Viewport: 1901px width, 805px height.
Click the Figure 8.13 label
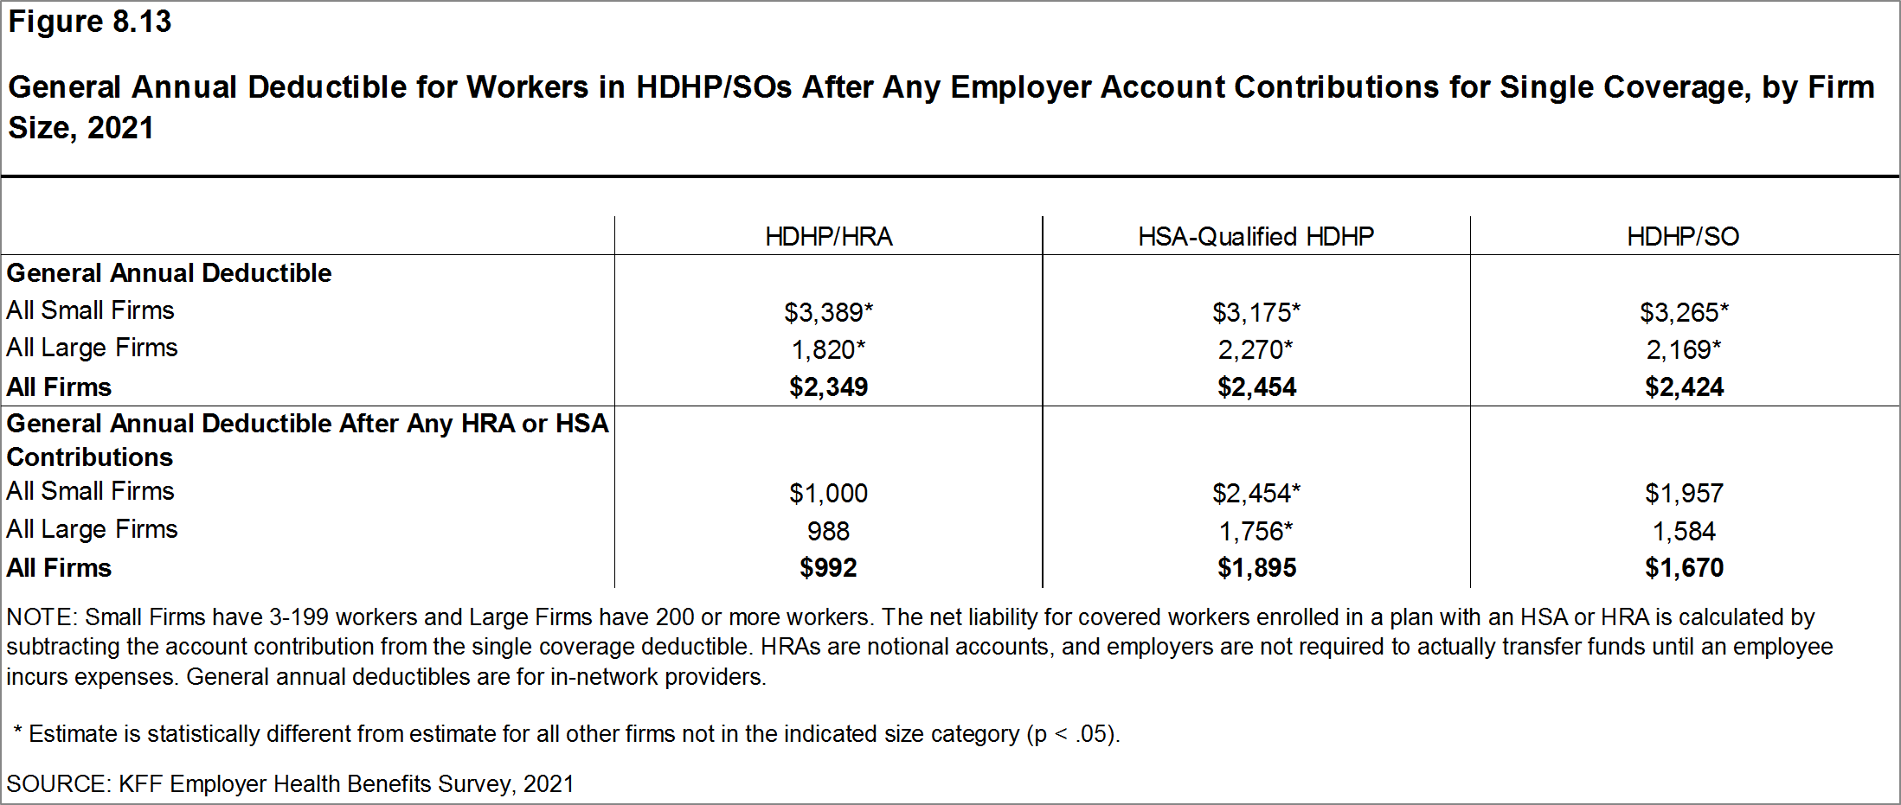click(x=89, y=22)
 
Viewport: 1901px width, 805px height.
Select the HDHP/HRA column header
click(x=828, y=236)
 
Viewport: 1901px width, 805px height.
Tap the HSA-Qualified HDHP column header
click(x=1256, y=236)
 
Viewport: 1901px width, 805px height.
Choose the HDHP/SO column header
click(x=1682, y=236)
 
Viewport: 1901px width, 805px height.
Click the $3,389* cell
click(x=828, y=312)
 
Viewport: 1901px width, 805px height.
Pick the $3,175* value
click(x=1256, y=312)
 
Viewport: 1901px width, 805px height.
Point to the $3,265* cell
click(x=1683, y=312)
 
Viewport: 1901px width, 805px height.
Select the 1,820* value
click(x=828, y=349)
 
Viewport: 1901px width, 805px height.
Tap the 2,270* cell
click(x=1256, y=349)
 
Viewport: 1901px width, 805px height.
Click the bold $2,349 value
click(x=828, y=387)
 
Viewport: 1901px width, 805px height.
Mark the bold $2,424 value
click(x=1684, y=387)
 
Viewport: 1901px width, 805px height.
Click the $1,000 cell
click(x=828, y=493)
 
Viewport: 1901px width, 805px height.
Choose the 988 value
click(x=828, y=531)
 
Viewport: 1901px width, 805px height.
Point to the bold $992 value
click(x=828, y=568)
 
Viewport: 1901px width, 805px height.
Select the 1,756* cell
click(x=1256, y=531)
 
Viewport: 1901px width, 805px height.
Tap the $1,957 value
click(x=1684, y=493)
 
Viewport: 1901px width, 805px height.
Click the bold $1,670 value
click(x=1684, y=568)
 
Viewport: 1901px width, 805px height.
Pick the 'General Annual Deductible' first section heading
click(x=169, y=273)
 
